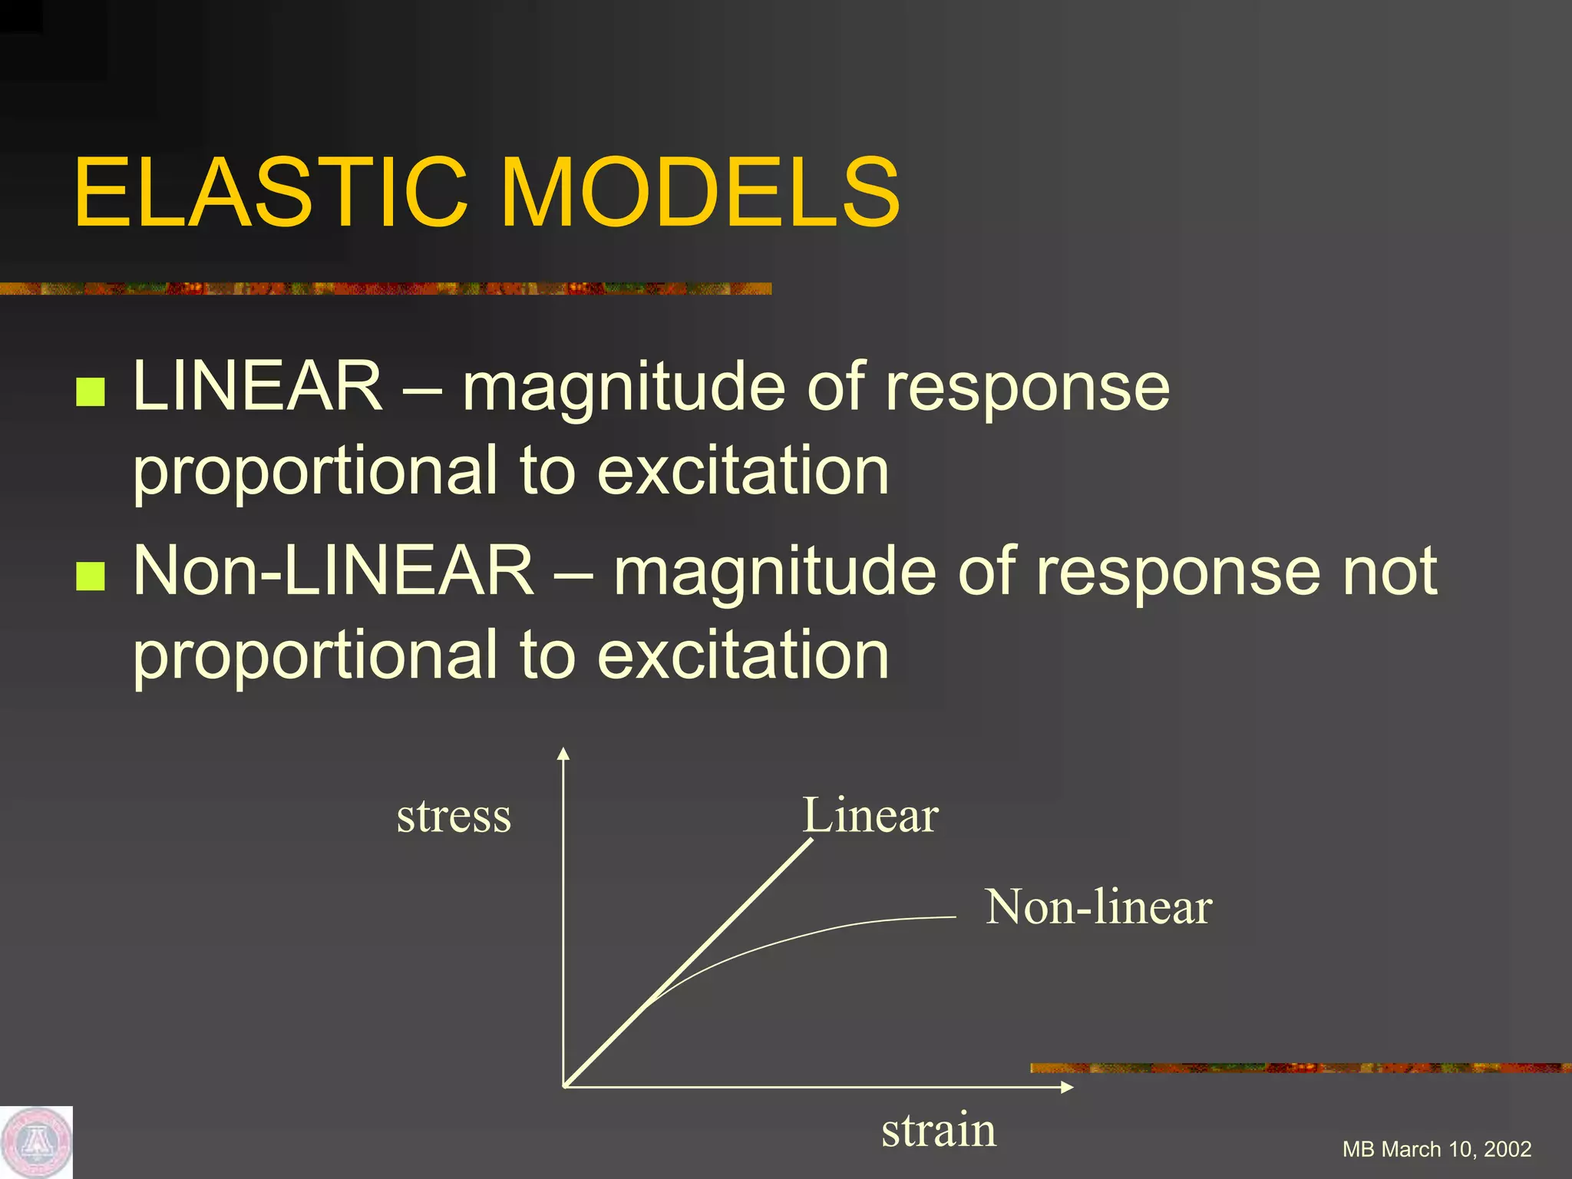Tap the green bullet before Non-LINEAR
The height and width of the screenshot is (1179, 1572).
coord(91,576)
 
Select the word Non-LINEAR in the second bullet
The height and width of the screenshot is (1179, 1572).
coord(333,571)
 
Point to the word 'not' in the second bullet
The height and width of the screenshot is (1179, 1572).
coord(1389,573)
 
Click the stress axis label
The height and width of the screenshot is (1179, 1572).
coord(454,816)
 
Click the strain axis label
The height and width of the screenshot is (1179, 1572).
coord(938,1131)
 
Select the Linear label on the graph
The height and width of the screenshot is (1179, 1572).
coord(870,815)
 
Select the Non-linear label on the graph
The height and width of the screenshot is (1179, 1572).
coord(1098,907)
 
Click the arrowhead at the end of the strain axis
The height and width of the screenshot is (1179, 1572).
coord(1067,1087)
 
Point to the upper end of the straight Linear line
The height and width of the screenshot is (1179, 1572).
coord(811,841)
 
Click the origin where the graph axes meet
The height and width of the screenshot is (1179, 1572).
coord(565,1086)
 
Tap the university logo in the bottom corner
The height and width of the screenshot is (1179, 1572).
coord(36,1143)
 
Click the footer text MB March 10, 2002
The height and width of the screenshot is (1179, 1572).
coord(1436,1149)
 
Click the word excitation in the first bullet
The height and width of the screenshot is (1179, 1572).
coord(743,471)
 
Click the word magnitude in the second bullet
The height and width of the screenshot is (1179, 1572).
coord(774,573)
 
